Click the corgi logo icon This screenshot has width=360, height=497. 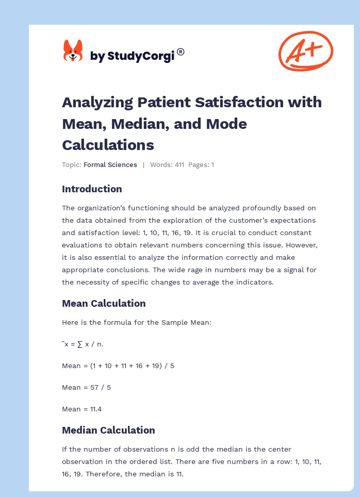pyautogui.click(x=73, y=51)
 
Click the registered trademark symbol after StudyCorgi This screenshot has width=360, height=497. pyautogui.click(x=181, y=52)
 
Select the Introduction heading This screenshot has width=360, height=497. pyautogui.click(x=92, y=189)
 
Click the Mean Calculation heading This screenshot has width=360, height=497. pyautogui.click(x=104, y=303)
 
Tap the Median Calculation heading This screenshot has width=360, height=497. pyautogui.click(x=108, y=430)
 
